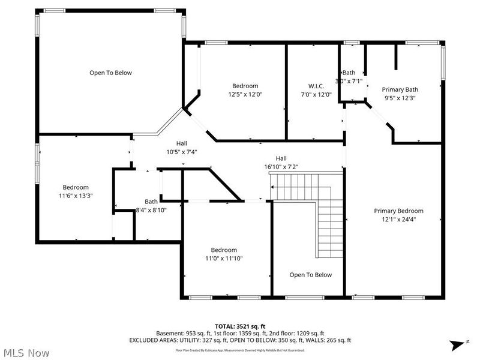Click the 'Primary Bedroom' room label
coord(398,211)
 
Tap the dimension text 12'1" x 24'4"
coord(398,219)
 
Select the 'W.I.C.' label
coord(316,86)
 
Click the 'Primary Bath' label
coord(400,89)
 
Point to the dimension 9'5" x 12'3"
coord(400,98)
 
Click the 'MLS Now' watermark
coord(25,353)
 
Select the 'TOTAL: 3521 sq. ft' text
coord(239,326)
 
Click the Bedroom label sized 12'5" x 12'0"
coord(245,86)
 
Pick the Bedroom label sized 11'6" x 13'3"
coord(76,187)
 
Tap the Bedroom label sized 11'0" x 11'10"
coord(223,250)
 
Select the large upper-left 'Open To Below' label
coord(110,73)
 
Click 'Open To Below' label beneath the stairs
coord(310,275)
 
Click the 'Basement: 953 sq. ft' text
coord(179,333)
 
